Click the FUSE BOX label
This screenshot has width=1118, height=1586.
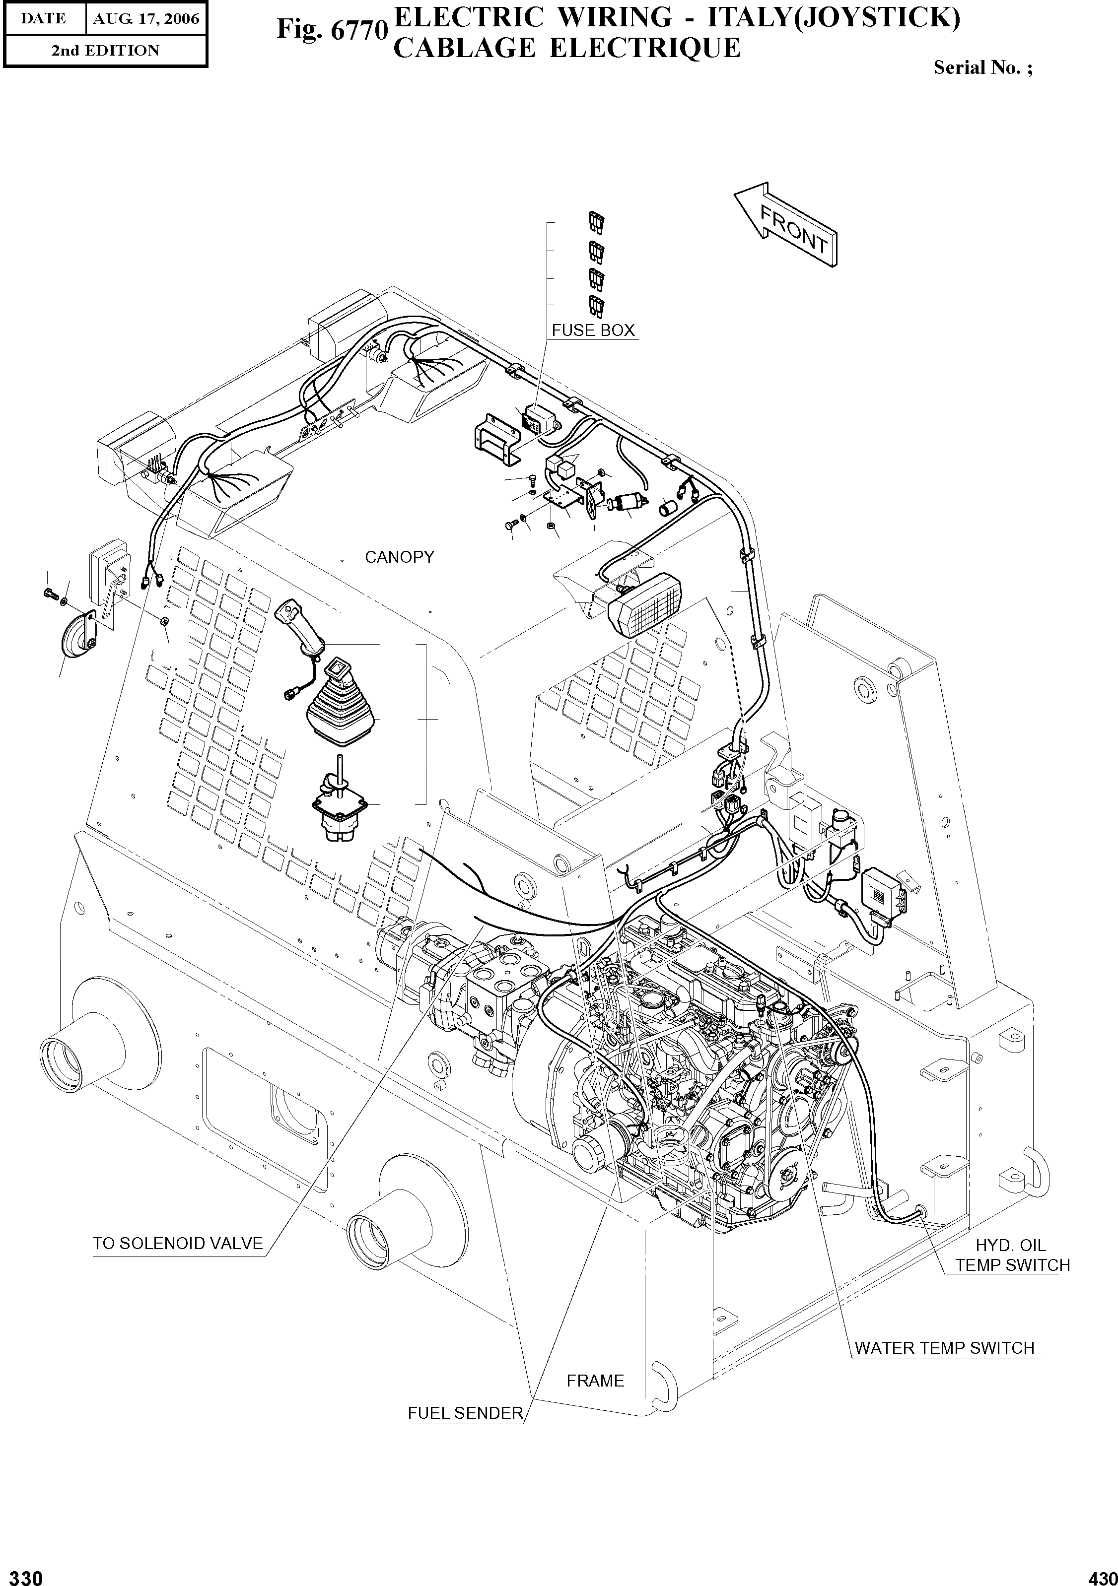(x=592, y=330)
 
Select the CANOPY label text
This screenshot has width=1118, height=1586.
(x=399, y=557)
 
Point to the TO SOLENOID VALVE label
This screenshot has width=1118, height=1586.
(x=178, y=1244)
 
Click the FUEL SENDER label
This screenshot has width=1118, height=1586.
(x=465, y=1413)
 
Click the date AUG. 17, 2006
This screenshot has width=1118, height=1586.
(x=146, y=19)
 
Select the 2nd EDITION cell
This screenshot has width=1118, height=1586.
(x=105, y=51)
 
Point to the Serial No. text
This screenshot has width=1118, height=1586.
(x=982, y=67)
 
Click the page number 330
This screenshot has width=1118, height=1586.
(x=22, y=1573)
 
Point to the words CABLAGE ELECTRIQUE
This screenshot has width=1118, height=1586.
(x=566, y=48)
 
